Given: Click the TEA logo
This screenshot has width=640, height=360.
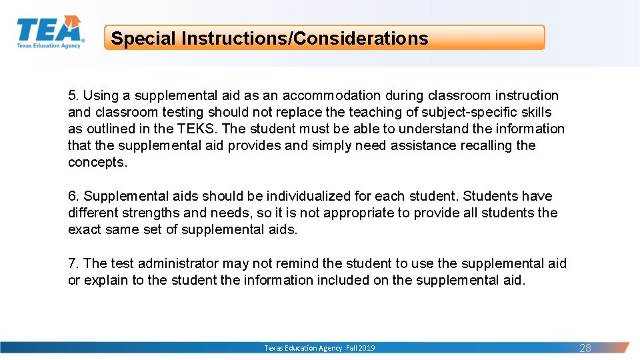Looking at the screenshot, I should (x=50, y=32).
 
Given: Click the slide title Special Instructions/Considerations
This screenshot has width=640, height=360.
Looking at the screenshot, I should (x=269, y=38).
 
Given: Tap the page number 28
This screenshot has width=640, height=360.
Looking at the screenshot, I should (x=585, y=348).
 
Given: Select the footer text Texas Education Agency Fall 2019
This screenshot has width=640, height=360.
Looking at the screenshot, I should (x=319, y=348).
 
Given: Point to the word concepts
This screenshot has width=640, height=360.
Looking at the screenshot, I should (x=97, y=162).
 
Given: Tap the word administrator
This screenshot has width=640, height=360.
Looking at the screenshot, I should (x=178, y=263).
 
